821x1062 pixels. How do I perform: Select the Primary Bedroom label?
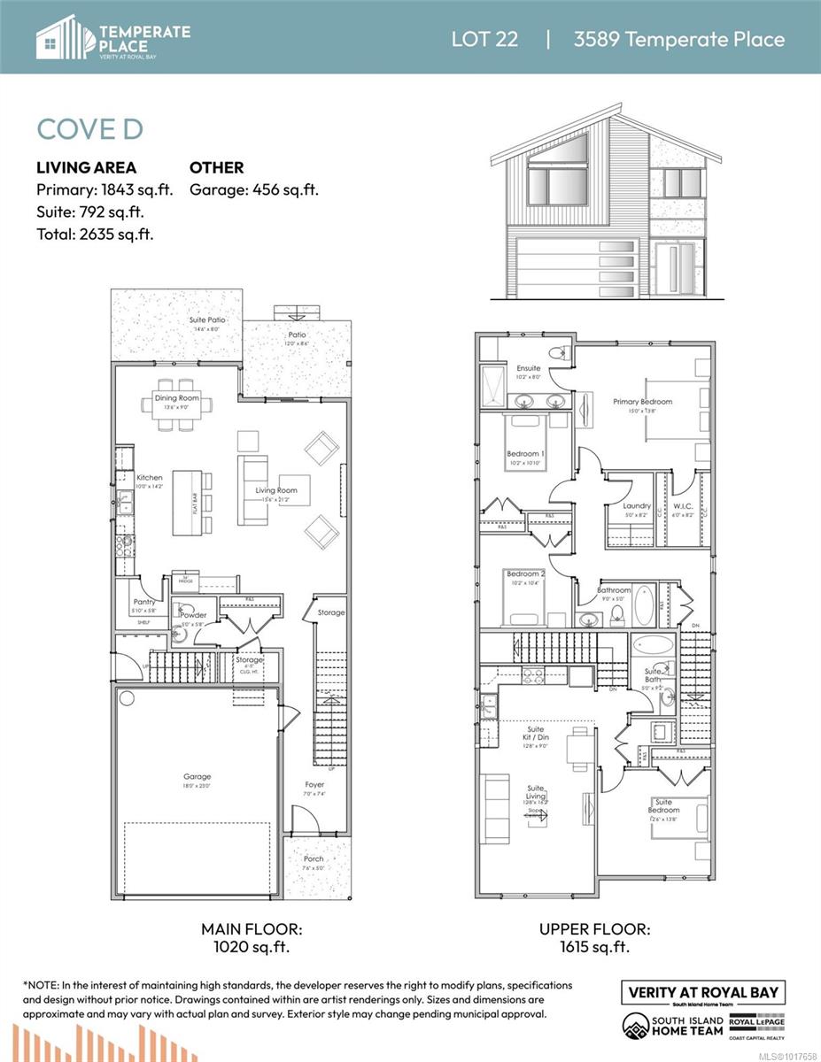(x=642, y=401)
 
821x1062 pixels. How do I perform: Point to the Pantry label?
(x=143, y=602)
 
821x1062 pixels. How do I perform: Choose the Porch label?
(x=314, y=858)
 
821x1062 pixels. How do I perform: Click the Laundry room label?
(x=637, y=506)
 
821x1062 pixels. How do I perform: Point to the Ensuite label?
(x=529, y=368)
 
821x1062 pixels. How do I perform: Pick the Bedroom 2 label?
(x=525, y=574)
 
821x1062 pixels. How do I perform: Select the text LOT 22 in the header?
(x=484, y=39)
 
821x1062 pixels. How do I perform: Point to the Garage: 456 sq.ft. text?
(x=254, y=189)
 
